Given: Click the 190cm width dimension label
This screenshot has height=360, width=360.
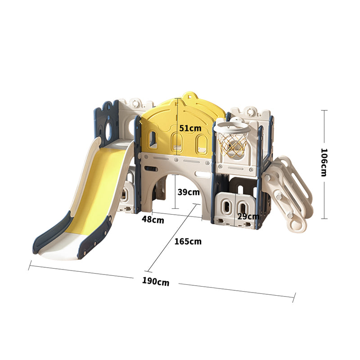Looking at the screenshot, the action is click(156, 281).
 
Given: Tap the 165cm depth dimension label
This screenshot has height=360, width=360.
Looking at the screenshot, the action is click(188, 241).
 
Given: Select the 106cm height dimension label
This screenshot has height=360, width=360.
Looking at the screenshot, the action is click(324, 162).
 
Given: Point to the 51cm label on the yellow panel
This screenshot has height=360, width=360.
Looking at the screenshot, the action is click(190, 128).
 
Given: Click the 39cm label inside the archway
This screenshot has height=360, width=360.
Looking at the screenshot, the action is click(189, 192).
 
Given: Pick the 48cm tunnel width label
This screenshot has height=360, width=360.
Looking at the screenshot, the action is click(153, 220).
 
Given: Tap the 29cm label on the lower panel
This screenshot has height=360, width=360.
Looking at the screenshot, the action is click(248, 216).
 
